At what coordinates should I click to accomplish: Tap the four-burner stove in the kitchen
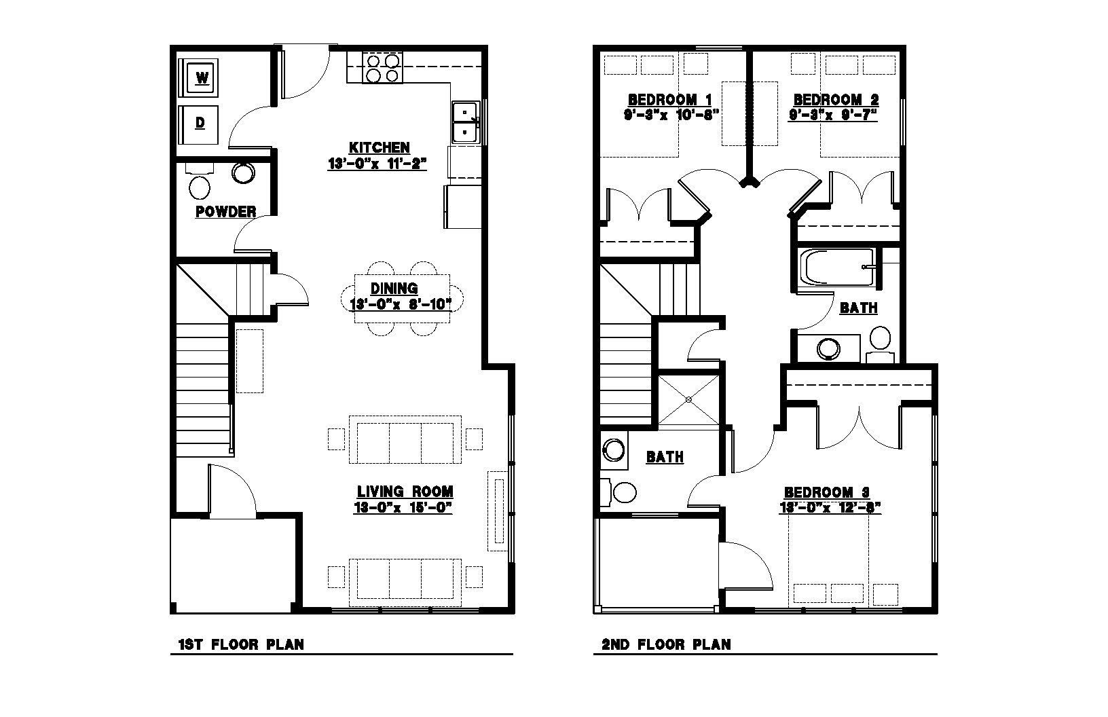pyautogui.click(x=382, y=69)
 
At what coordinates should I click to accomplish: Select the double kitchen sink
pyautogui.click(x=465, y=122)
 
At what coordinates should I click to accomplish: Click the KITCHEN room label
pyautogui.click(x=380, y=147)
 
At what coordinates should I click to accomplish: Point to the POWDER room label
pyautogui.click(x=226, y=212)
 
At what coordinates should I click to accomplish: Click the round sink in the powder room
pyautogui.click(x=243, y=172)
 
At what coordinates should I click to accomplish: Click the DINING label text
pyautogui.click(x=394, y=288)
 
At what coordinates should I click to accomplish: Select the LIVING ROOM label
pyautogui.click(x=405, y=492)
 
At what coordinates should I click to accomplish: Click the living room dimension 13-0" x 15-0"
pyautogui.click(x=403, y=508)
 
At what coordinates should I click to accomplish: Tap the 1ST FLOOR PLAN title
pyautogui.click(x=241, y=644)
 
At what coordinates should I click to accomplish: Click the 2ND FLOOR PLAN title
pyautogui.click(x=666, y=644)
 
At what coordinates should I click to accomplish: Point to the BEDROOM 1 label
pyautogui.click(x=669, y=99)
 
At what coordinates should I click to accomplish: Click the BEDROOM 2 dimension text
pyautogui.click(x=833, y=115)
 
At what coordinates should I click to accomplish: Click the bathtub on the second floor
pyautogui.click(x=838, y=268)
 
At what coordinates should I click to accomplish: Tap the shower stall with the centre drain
pyautogui.click(x=688, y=399)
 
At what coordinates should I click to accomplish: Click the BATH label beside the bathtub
pyautogui.click(x=859, y=308)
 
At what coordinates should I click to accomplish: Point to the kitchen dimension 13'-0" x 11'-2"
pyautogui.click(x=377, y=164)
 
